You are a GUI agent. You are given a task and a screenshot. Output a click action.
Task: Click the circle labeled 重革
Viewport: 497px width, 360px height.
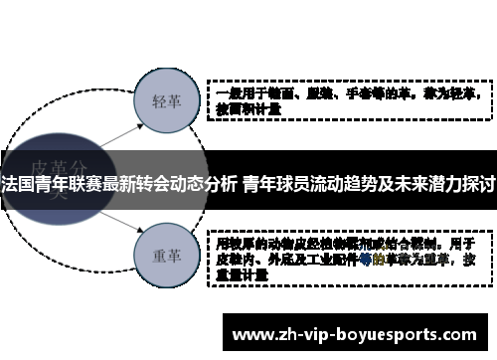click(x=164, y=254)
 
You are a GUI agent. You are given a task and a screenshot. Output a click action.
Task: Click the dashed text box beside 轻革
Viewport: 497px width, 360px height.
click(x=349, y=100)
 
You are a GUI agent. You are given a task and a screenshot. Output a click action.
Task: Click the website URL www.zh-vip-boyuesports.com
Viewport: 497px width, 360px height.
click(x=359, y=334)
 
